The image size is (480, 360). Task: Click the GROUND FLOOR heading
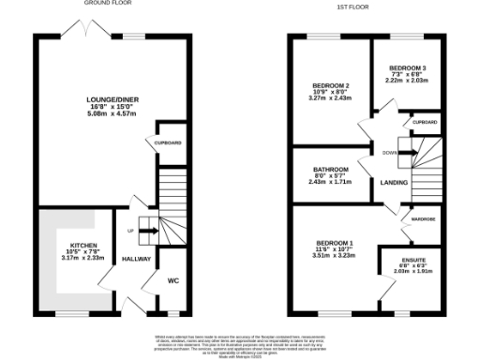[x=104, y=4]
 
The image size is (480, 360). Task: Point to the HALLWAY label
[x=136, y=259]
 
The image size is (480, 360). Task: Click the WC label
[x=171, y=278]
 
